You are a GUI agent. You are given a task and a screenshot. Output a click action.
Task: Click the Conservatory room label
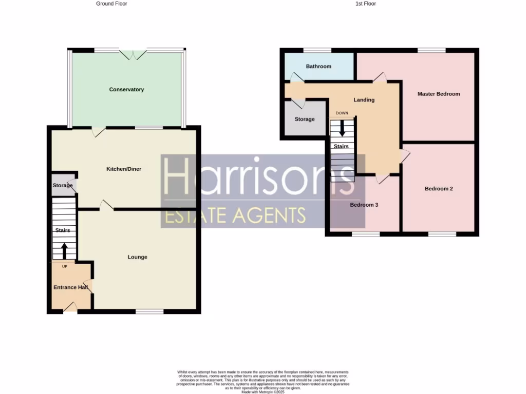click(x=126, y=90)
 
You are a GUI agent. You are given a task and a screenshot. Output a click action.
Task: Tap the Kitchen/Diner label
click(x=124, y=169)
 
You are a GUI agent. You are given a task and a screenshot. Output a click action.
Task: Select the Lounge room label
click(x=137, y=257)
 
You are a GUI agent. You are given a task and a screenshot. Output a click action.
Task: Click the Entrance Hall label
click(x=71, y=287)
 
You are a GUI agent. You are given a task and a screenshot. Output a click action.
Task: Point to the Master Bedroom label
click(x=438, y=94)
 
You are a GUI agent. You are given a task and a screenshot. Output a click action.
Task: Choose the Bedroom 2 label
click(x=438, y=188)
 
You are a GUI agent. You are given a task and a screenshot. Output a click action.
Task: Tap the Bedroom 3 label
click(x=364, y=205)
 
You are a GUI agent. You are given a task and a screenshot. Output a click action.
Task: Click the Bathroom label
click(x=318, y=66)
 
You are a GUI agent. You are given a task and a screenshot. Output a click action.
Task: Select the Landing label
click(x=364, y=100)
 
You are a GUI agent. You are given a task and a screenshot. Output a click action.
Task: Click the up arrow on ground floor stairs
click(x=64, y=251)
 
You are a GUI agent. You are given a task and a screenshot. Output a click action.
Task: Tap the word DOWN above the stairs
click(x=342, y=113)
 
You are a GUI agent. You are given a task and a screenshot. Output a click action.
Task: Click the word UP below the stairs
click(x=65, y=266)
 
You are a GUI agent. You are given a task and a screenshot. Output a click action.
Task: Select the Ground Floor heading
click(x=111, y=4)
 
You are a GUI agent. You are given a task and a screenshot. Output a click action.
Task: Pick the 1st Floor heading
click(x=366, y=4)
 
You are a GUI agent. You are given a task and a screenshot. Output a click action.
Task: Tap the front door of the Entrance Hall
click(x=70, y=307)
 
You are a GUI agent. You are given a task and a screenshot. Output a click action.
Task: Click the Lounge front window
click(x=149, y=311)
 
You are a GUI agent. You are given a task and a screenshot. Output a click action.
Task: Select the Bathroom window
click(x=317, y=50)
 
